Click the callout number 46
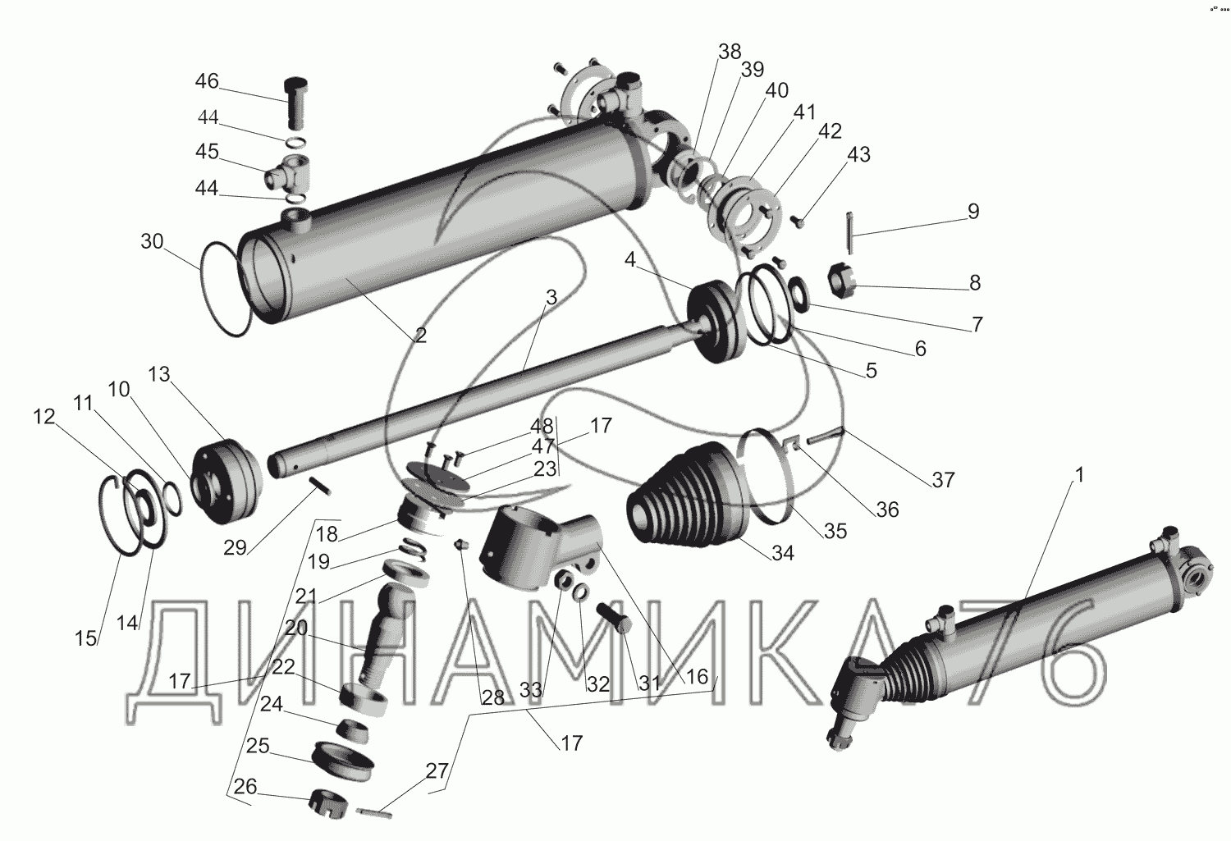click(x=207, y=81)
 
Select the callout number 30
click(x=152, y=241)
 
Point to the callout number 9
click(x=972, y=212)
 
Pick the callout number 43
click(x=858, y=154)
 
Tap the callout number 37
click(x=944, y=478)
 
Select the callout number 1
click(x=1080, y=475)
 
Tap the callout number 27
click(x=437, y=771)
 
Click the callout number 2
click(x=420, y=335)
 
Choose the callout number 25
click(x=258, y=746)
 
